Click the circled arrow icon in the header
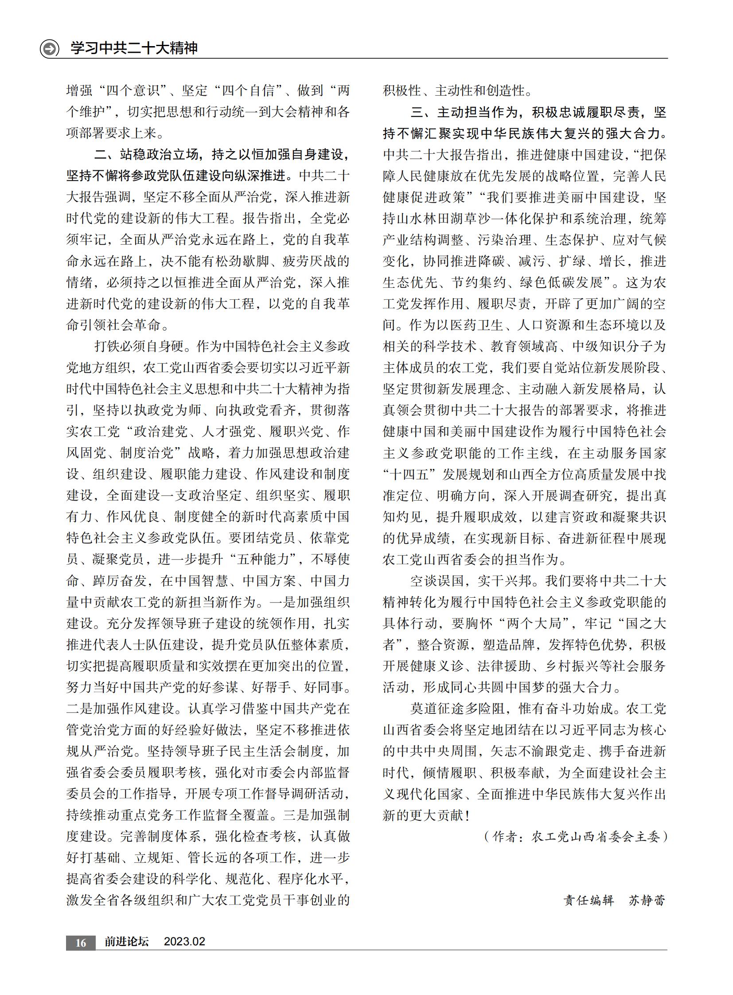49,48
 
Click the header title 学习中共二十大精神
134,48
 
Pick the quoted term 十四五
409,474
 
